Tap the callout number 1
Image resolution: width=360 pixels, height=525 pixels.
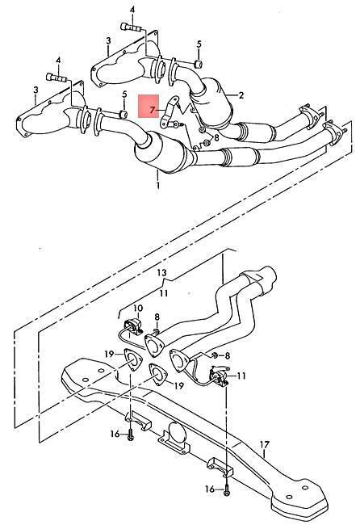(x=157, y=185)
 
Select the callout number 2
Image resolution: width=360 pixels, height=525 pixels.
(x=241, y=95)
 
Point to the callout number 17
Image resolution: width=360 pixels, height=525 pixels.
(x=264, y=445)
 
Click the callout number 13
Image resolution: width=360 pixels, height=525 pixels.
(x=162, y=273)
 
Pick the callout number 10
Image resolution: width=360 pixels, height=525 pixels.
(x=137, y=308)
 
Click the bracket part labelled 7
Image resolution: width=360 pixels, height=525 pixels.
(x=170, y=111)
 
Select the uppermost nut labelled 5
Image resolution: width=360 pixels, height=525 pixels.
(x=199, y=64)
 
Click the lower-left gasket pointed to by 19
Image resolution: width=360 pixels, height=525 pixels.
(x=132, y=359)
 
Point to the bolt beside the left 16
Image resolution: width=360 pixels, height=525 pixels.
(x=130, y=435)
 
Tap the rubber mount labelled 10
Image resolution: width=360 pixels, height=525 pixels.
(x=133, y=326)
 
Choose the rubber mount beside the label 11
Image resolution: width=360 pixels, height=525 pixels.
(x=218, y=376)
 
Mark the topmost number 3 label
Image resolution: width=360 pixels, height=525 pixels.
(x=108, y=41)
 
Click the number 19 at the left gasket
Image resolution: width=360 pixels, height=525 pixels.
(x=109, y=354)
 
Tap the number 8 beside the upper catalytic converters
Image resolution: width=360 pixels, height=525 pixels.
(x=216, y=137)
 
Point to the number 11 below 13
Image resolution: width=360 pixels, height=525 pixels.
(x=163, y=293)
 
